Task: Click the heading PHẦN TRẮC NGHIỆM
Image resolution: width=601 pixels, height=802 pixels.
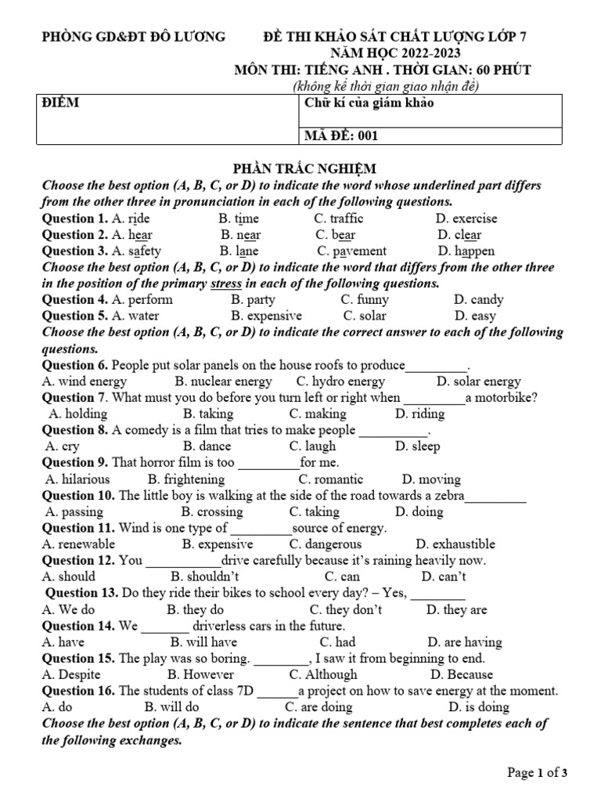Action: (305, 168)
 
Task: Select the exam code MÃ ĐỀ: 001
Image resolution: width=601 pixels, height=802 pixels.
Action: (340, 135)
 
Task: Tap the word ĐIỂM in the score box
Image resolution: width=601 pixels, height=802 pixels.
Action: (60, 103)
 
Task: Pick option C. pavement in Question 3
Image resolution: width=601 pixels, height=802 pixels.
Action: (351, 251)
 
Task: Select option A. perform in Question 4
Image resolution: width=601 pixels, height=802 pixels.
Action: (142, 299)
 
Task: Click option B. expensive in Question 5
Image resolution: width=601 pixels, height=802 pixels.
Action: (266, 316)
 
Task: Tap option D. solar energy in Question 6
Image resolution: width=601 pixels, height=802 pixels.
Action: (478, 381)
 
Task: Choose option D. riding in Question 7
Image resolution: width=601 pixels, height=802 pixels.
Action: (419, 414)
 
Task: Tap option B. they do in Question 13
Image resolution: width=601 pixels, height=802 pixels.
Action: (195, 609)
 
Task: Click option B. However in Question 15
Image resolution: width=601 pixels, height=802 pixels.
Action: (200, 674)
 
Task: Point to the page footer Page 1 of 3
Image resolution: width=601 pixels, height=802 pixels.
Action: (538, 773)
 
